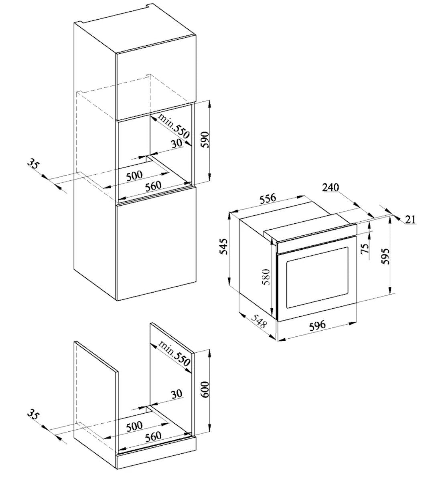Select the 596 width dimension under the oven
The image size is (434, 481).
(x=317, y=325)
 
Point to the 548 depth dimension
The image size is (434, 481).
(x=259, y=321)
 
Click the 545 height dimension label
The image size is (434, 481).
(x=224, y=246)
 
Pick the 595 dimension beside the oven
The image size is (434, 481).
(x=385, y=256)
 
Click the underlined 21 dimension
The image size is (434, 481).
(x=410, y=220)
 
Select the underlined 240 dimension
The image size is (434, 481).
(x=331, y=188)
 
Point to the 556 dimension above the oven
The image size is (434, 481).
(x=268, y=198)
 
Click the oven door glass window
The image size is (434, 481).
(x=317, y=277)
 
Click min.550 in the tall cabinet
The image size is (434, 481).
(x=174, y=127)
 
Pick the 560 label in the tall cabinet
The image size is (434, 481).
(x=153, y=186)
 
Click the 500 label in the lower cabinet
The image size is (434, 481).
(x=134, y=426)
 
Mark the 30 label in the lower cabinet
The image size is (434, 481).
(x=176, y=394)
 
